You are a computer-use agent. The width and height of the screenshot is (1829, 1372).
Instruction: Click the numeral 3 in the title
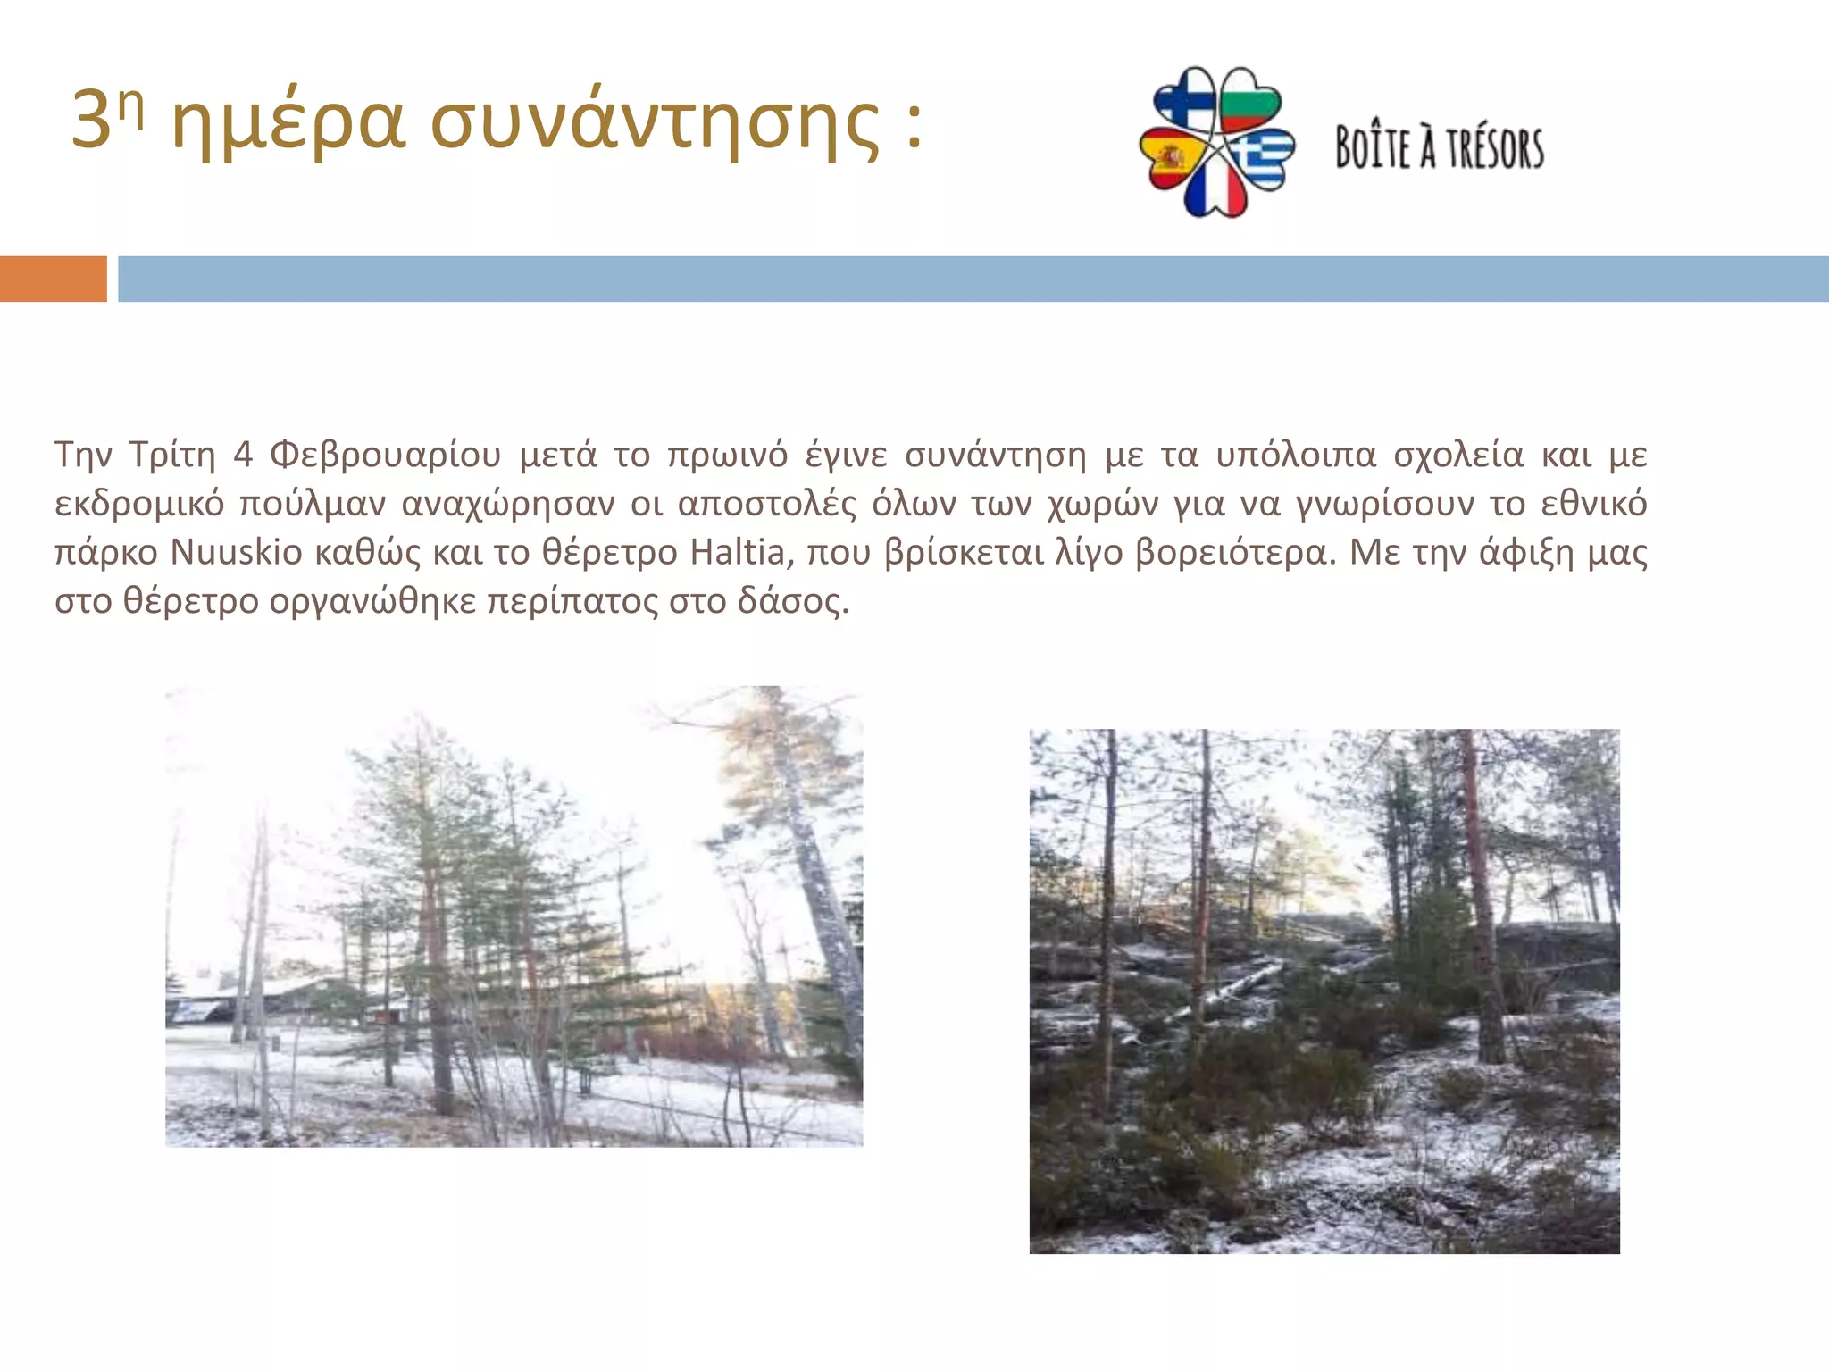click(90, 121)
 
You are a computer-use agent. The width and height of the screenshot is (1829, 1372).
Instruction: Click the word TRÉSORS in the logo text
click(1495, 148)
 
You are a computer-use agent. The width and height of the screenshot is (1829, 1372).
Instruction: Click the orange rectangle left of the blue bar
click(53, 279)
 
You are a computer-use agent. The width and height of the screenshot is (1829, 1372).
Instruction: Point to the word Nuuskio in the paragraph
click(237, 552)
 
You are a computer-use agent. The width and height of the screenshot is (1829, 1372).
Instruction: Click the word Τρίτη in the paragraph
click(172, 455)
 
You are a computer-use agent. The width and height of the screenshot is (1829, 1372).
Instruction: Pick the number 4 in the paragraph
click(243, 455)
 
